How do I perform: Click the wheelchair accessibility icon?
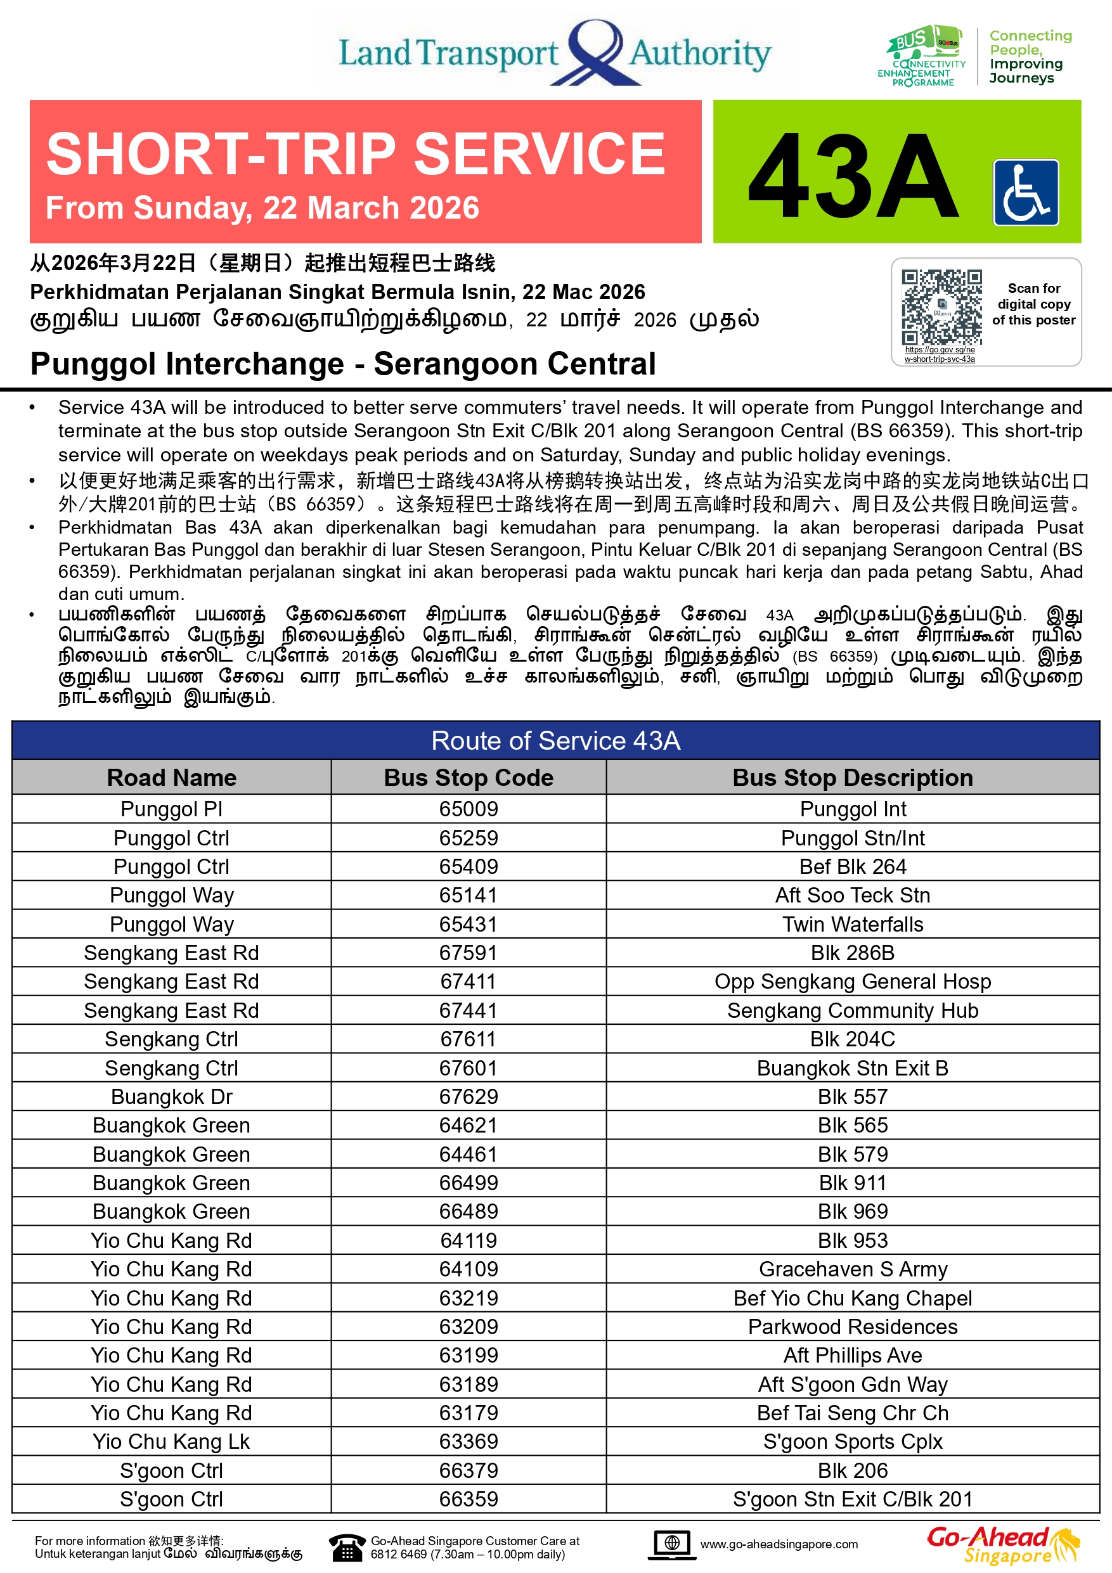pos(1025,193)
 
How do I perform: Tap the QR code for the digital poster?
pos(941,306)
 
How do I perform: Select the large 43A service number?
pos(853,176)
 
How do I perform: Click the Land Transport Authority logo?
pos(555,53)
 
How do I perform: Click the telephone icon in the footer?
pos(347,1546)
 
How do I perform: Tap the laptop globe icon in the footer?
pos(671,1544)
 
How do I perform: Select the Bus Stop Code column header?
pos(469,778)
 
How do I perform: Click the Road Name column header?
pos(171,778)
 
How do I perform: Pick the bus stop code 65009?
pos(469,809)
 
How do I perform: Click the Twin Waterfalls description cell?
pos(852,924)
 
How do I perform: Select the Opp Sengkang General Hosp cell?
pos(852,982)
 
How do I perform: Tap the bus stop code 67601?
pos(469,1068)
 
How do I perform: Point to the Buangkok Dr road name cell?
pos(171,1097)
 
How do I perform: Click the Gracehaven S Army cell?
pos(852,1269)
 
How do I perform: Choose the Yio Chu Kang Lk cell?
pos(171,1441)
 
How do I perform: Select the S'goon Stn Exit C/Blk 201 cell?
pos(852,1499)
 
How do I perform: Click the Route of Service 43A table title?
pos(555,741)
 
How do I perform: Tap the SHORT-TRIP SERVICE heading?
pos(356,153)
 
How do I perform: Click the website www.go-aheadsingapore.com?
pos(779,1544)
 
